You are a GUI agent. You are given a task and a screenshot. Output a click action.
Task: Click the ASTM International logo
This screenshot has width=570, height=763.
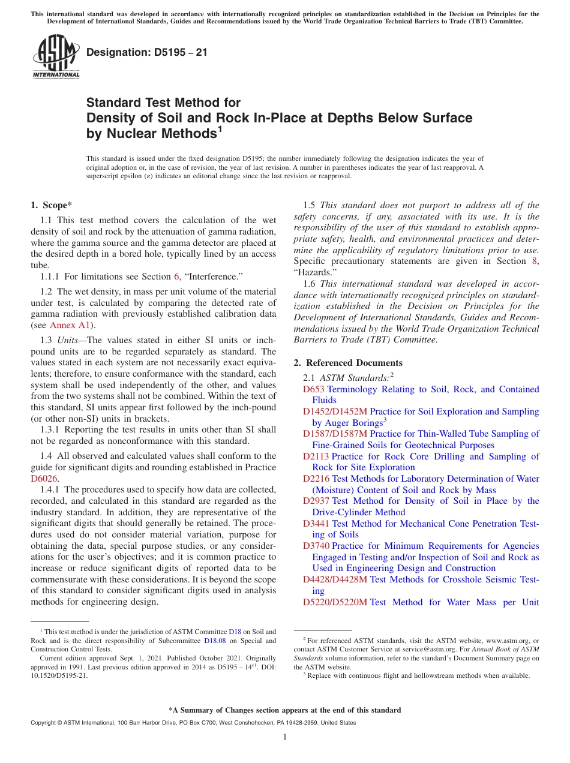tap(56, 57)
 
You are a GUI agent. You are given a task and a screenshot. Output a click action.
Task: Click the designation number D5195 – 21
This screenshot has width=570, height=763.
tap(147, 52)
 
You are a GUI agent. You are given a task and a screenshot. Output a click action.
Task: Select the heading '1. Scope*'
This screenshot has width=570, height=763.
tap(51, 205)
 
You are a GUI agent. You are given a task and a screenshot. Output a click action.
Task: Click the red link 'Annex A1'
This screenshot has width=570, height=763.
tap(71, 325)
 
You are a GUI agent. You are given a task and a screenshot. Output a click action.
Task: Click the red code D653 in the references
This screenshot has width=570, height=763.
tap(314, 389)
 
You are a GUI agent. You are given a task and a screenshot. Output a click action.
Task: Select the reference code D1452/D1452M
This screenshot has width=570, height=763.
tap(335, 411)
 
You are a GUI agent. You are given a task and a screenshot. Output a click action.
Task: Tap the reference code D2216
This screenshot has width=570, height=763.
tap(316, 479)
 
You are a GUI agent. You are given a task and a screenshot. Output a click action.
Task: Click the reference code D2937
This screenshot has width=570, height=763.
tap(316, 501)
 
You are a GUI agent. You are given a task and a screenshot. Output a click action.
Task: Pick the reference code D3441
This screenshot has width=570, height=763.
tap(316, 524)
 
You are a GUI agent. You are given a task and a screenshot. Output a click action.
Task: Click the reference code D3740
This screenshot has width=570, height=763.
tap(316, 546)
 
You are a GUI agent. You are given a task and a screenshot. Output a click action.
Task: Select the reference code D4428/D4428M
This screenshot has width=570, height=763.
tap(335, 579)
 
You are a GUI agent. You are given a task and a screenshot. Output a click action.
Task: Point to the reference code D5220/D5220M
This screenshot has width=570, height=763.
tap(335, 602)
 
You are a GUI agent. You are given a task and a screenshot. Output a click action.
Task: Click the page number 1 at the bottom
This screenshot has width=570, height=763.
tap(285, 737)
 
